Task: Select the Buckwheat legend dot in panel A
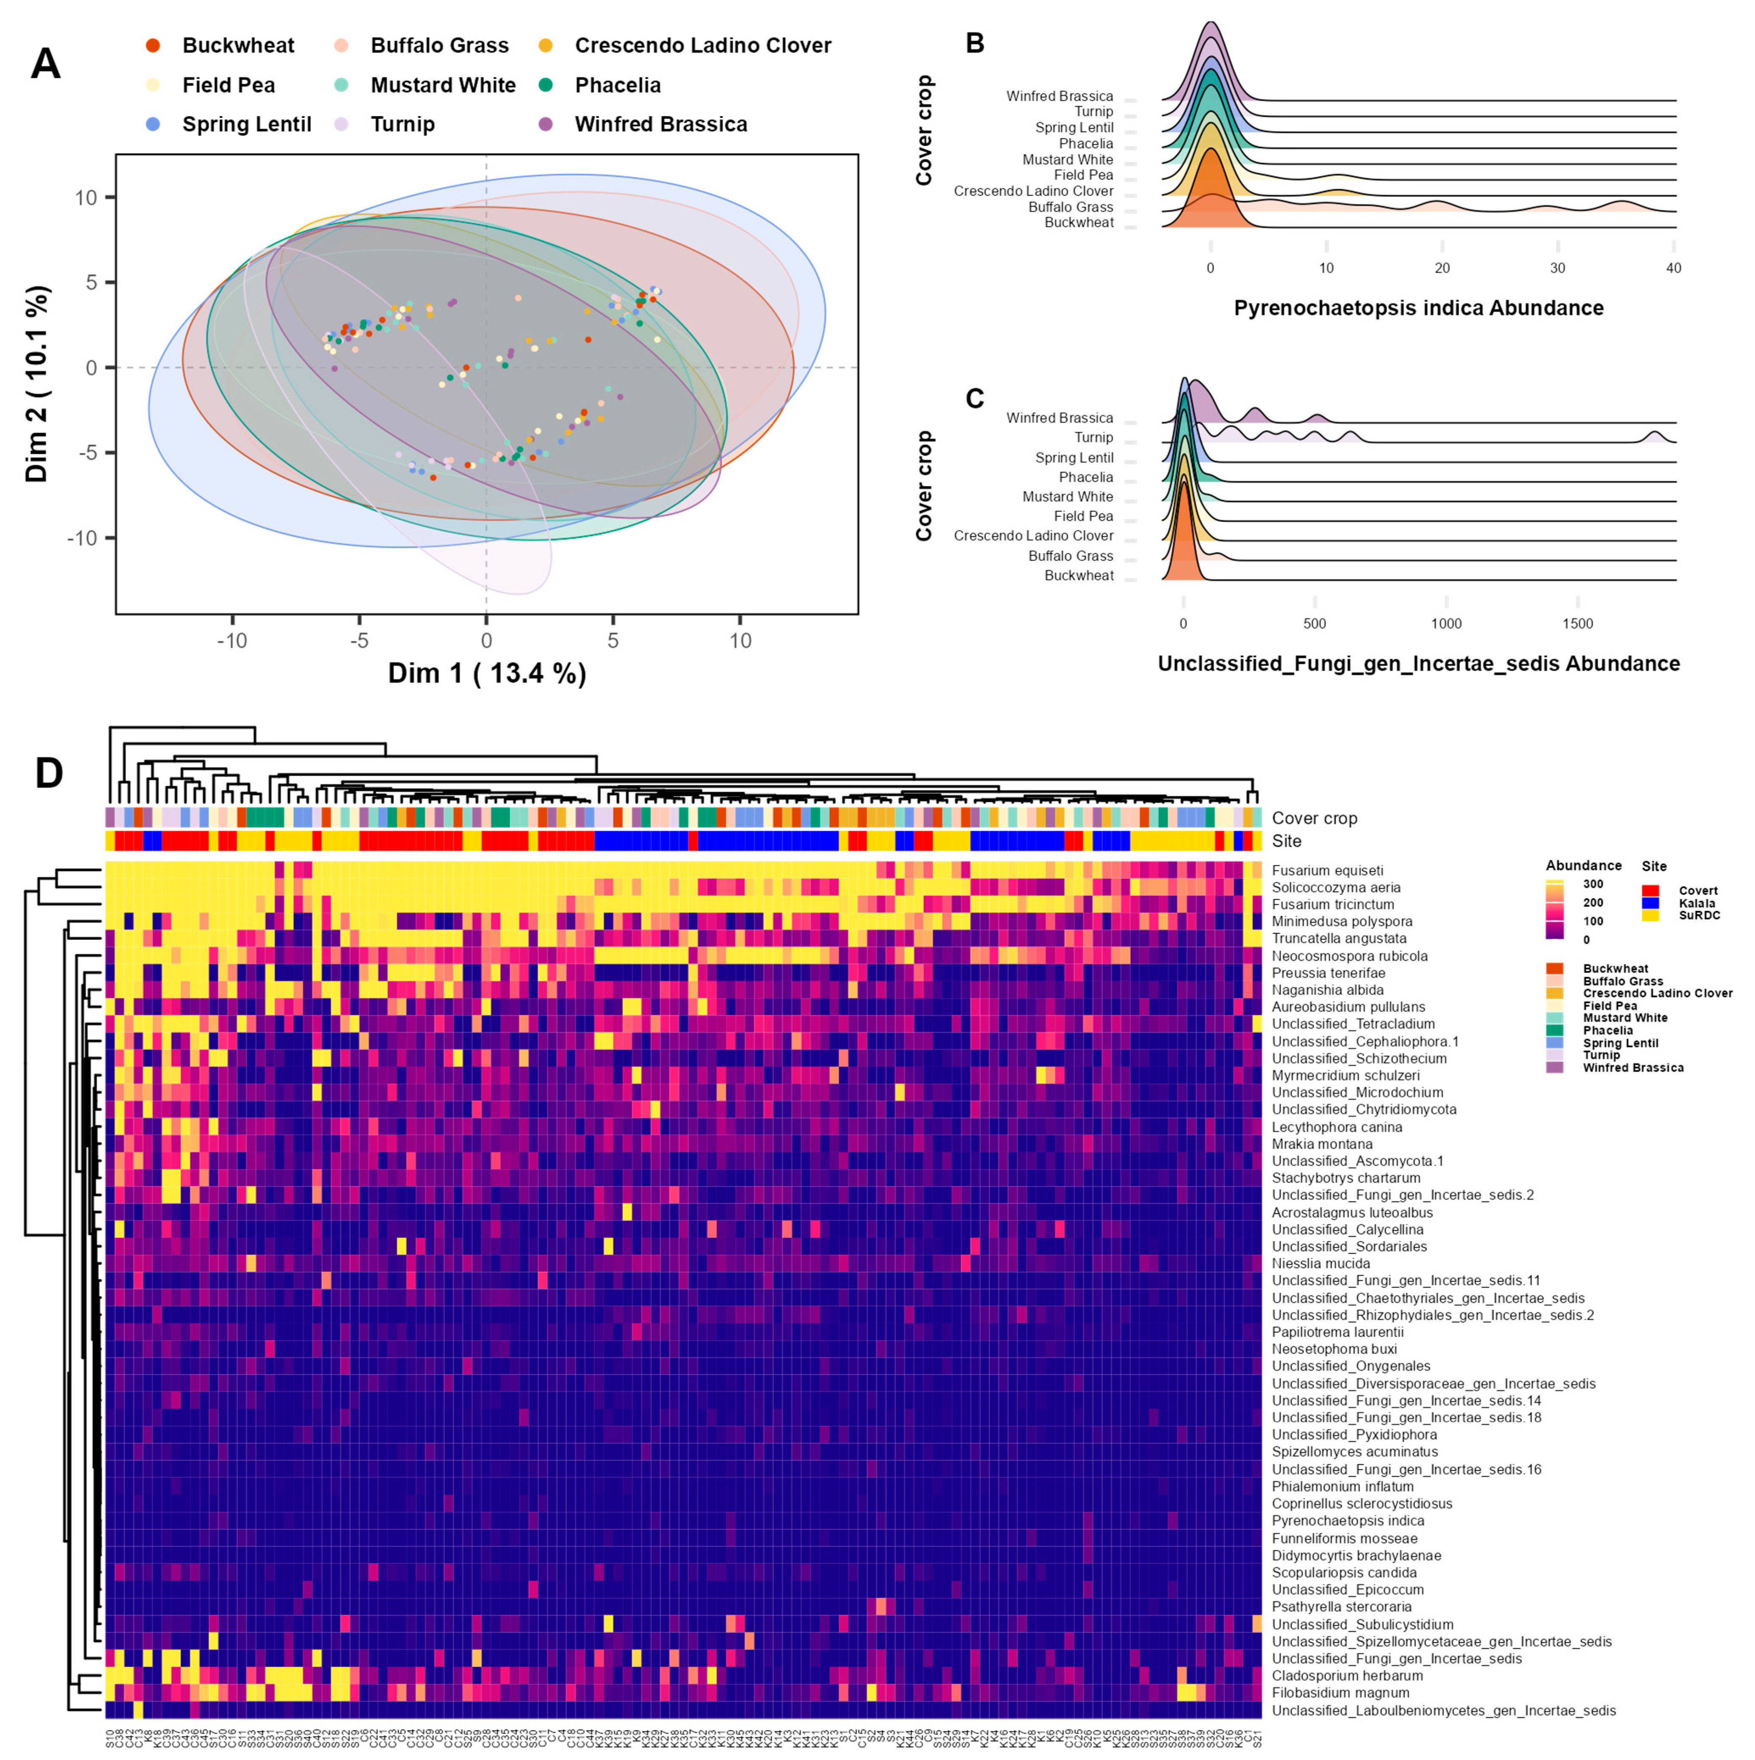tap(153, 45)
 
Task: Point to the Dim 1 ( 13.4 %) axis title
tap(487, 673)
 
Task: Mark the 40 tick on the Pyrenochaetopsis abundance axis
tap(1673, 268)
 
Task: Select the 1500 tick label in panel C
tap(1577, 624)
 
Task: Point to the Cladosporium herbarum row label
tap(1347, 1675)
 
